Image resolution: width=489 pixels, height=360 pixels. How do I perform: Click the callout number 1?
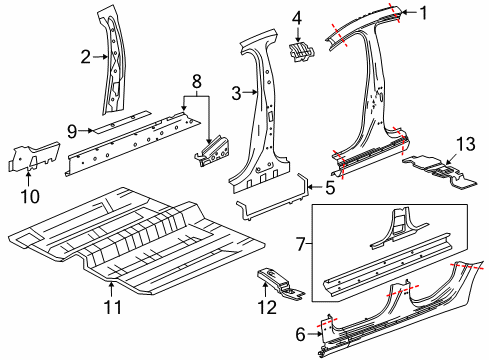click(x=423, y=13)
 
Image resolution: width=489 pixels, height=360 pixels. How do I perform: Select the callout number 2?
click(x=86, y=57)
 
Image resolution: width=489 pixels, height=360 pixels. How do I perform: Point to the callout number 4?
click(x=296, y=17)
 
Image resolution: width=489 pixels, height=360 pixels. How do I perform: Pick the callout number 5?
click(x=331, y=185)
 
